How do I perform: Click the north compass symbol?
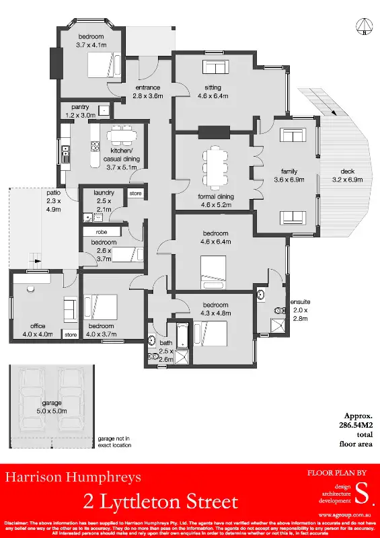point(363,27)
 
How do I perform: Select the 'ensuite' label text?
point(299,301)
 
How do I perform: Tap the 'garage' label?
point(46,403)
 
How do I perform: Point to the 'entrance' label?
point(148,88)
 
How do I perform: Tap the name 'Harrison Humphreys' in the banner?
point(74,478)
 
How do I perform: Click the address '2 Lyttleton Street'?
point(161,502)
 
